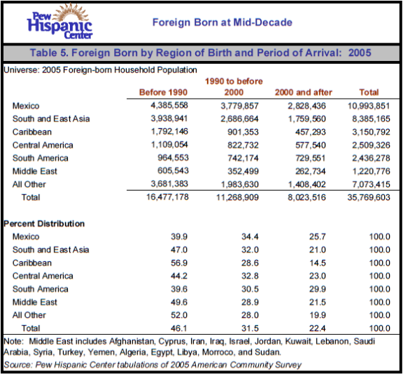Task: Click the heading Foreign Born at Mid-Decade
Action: click(222, 23)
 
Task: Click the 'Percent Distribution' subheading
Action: click(44, 224)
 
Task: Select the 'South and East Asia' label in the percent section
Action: click(51, 250)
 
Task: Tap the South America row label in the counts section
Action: click(41, 158)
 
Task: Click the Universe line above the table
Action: click(100, 70)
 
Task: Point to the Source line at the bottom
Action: click(153, 365)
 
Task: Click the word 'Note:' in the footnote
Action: click(14, 341)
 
